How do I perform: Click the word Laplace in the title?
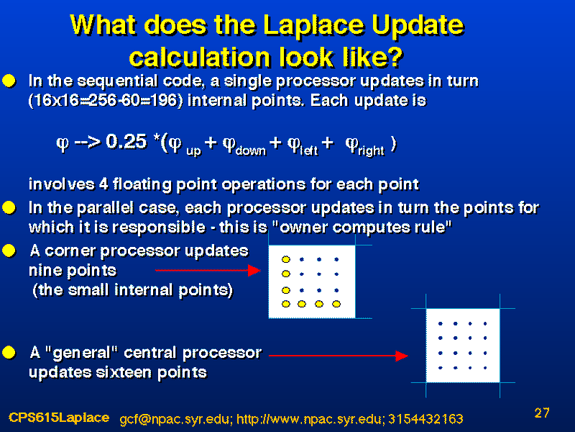(314, 26)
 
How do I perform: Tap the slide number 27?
(542, 413)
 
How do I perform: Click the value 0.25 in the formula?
(126, 141)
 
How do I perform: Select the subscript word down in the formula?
(251, 150)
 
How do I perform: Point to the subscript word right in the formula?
(372, 150)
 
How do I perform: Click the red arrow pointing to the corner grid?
(208, 271)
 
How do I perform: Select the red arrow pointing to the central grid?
(339, 356)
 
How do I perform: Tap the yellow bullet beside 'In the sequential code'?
(9, 81)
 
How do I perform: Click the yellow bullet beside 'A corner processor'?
(9, 251)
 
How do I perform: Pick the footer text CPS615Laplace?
(59, 418)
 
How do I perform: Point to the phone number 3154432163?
(425, 419)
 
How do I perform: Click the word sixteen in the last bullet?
(124, 372)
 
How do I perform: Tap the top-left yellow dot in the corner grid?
(286, 259)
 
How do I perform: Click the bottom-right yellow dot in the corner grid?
(336, 304)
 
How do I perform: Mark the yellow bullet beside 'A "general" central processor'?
(9, 353)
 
